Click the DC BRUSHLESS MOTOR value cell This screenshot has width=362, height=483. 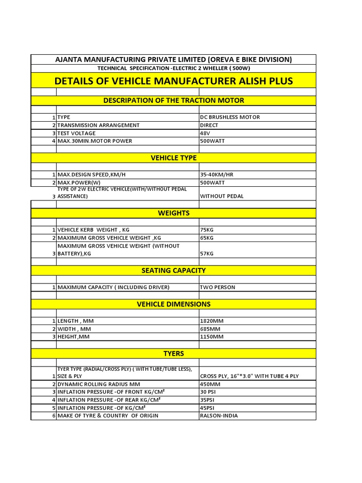tap(230, 117)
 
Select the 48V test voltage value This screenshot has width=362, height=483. tap(206, 133)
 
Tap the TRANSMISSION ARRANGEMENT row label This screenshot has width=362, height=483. tap(99, 125)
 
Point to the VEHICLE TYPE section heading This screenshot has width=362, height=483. tap(173, 158)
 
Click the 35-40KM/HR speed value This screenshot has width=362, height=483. tap(217, 175)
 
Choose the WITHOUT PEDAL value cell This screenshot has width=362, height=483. tap(222, 196)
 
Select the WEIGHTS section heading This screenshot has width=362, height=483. tap(173, 213)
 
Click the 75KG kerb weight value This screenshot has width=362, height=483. tap(207, 230)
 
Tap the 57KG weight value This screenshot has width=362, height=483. tap(207, 253)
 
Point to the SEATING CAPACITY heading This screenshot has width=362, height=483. tap(173, 270)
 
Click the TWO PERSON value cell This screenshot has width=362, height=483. tap(218, 287)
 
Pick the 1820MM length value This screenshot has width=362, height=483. tap(212, 321)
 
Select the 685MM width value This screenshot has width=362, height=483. tap(210, 329)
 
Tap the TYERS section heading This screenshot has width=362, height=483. tap(173, 353)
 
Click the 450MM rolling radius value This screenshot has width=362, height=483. tap(210, 384)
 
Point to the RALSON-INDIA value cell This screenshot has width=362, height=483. tap(219, 416)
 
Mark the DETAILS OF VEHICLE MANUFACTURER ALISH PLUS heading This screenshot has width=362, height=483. tap(173, 81)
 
